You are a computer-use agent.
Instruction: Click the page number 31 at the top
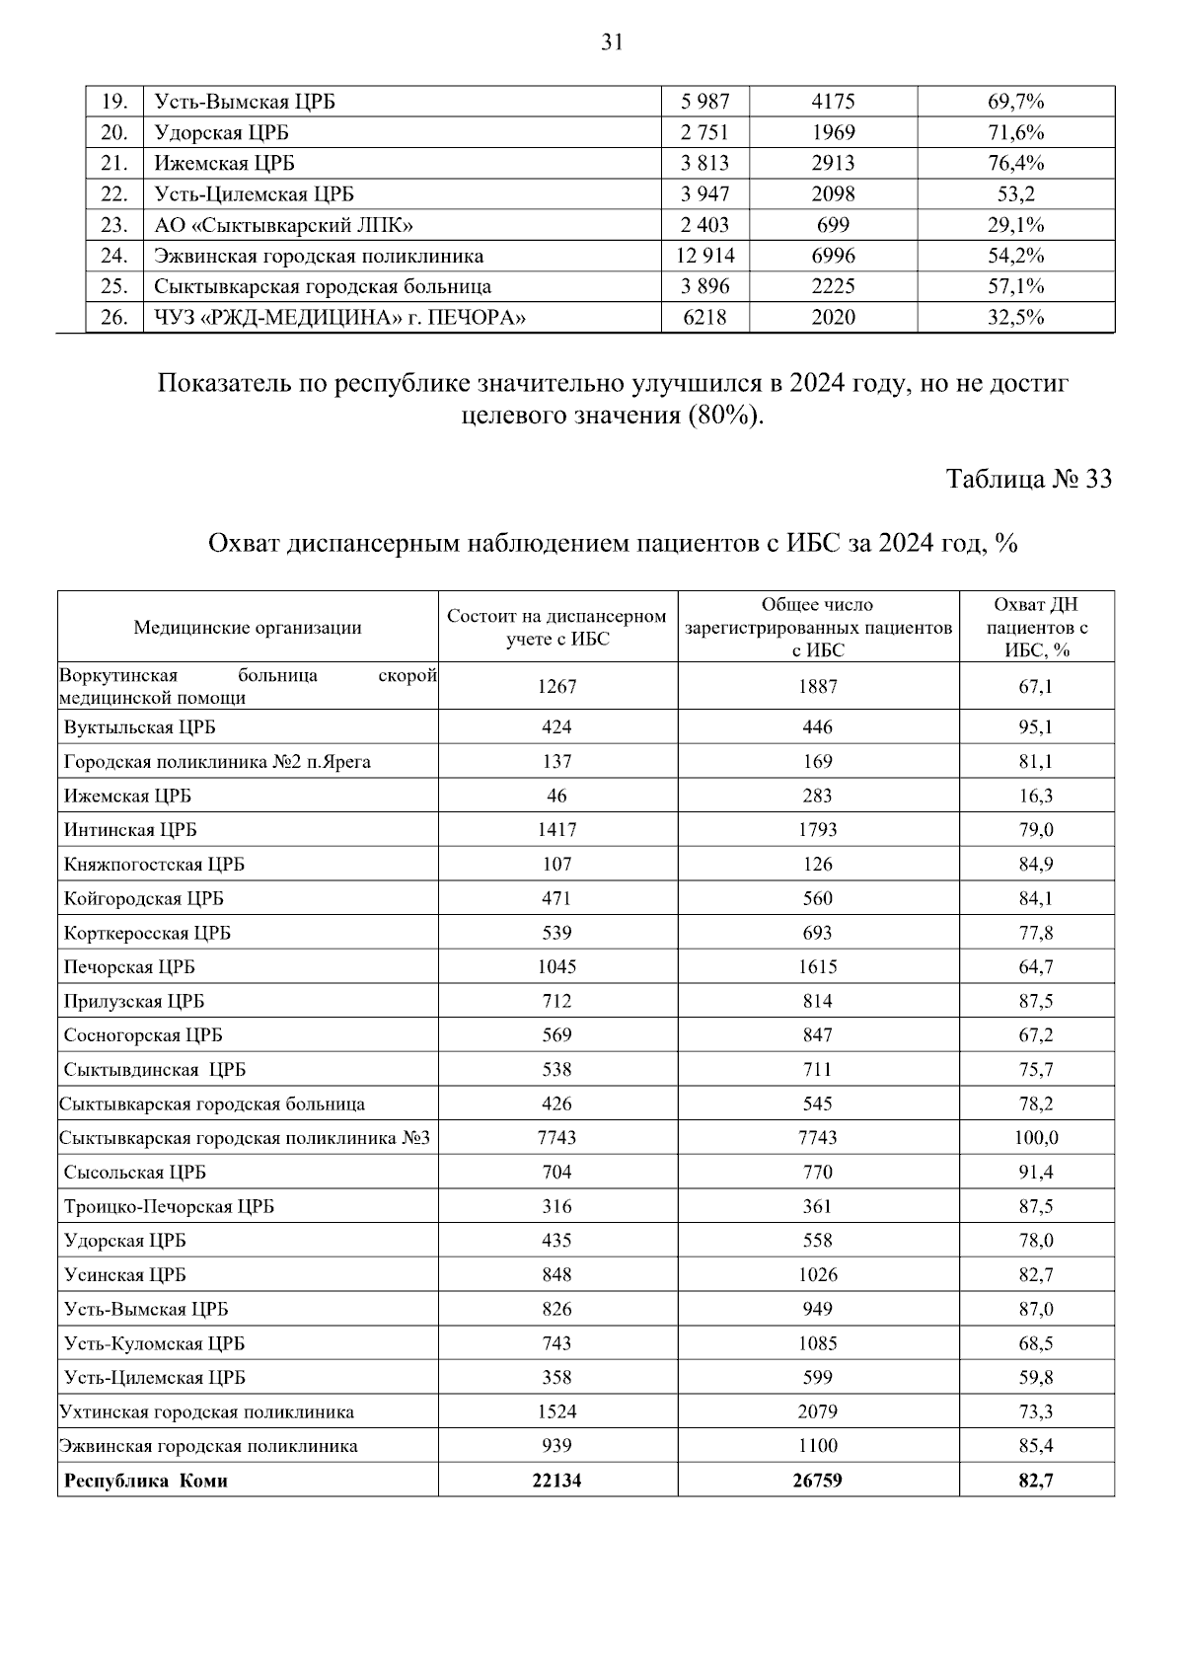pos(612,41)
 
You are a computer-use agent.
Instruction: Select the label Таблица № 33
pos(1028,479)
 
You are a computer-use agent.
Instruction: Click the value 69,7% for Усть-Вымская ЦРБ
pos(1015,102)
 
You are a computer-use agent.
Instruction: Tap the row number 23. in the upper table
pos(114,225)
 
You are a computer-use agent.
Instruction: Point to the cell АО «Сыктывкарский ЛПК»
pos(283,225)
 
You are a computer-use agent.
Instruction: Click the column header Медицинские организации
pos(248,628)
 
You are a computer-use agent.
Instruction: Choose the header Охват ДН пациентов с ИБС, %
pos(1036,627)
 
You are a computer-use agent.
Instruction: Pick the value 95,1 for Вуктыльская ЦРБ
pos(1036,727)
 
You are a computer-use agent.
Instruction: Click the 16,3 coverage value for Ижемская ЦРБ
pos(1036,796)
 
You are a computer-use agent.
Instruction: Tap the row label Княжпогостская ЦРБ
pos(154,865)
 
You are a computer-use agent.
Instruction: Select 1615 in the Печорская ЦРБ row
pos(817,967)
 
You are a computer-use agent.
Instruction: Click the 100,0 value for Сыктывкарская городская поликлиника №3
pos(1036,1138)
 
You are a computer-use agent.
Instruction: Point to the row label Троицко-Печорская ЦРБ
pos(169,1207)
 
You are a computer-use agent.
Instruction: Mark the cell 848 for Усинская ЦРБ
pos(556,1275)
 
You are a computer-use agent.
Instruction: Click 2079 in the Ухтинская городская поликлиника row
pos(817,1412)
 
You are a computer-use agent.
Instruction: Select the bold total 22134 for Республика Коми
pos(556,1481)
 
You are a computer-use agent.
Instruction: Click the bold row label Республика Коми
pos(146,1481)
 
